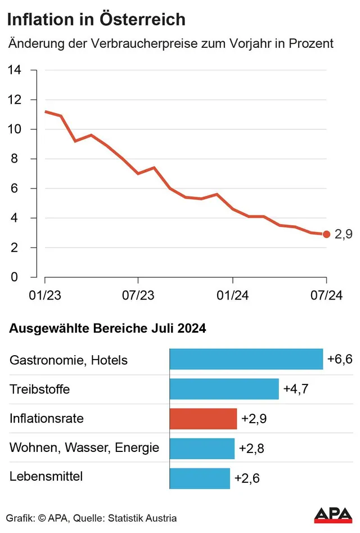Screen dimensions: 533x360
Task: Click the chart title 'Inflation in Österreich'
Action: coord(96,19)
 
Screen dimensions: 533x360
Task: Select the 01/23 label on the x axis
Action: coord(45,295)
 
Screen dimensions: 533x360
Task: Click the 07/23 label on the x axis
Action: coord(138,295)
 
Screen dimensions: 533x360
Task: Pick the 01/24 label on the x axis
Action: coord(233,295)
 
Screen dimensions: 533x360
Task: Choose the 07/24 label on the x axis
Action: coord(326,295)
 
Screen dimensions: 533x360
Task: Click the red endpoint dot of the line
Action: coord(326,234)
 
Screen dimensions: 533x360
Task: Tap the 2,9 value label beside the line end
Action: coord(343,234)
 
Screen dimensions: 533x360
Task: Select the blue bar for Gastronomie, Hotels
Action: coord(246,359)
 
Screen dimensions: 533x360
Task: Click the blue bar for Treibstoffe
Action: coord(224,388)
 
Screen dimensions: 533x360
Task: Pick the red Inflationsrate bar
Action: coord(203,419)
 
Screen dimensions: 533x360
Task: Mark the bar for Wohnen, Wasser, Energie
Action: coord(202,449)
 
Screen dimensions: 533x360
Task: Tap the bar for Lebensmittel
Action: coord(200,478)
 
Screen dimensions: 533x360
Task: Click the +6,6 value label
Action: coord(340,359)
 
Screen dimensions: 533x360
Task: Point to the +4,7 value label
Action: coord(296,388)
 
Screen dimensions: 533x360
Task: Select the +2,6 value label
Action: coord(247,478)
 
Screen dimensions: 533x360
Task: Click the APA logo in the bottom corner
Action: coord(333,515)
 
